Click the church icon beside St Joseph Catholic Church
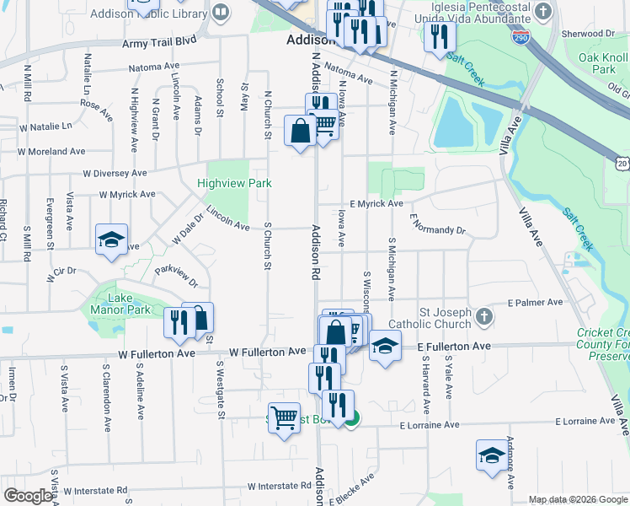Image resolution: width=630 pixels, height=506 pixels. (x=483, y=316)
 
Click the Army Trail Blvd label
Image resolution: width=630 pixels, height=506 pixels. (x=158, y=41)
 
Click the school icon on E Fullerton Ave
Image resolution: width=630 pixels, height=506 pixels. (x=385, y=345)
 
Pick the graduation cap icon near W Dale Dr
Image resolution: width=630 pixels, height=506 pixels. (x=111, y=240)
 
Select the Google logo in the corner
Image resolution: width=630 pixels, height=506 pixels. (x=27, y=496)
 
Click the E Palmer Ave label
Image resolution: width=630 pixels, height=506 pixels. (x=535, y=302)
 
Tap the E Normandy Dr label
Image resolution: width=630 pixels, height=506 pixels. (x=437, y=225)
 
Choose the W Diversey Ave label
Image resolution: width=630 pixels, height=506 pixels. (x=115, y=173)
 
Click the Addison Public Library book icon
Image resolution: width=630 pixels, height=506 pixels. (x=221, y=13)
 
